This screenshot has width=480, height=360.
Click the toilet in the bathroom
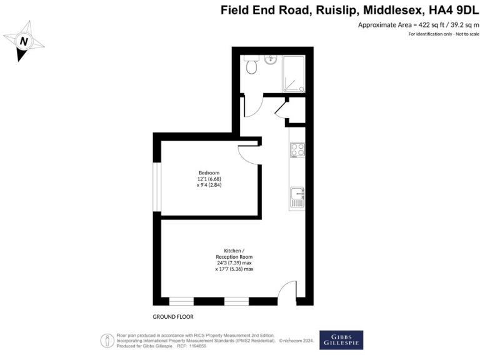[x=252, y=65]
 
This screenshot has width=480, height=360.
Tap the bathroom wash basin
[x=271, y=60]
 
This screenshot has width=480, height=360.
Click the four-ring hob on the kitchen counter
[x=297, y=150]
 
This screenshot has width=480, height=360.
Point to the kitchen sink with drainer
[x=297, y=197]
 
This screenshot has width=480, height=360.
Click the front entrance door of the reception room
[x=286, y=292]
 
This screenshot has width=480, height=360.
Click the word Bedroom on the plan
[x=209, y=172]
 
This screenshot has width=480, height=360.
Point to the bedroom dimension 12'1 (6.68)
[x=209, y=179]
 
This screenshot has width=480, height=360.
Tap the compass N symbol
[x=24, y=42]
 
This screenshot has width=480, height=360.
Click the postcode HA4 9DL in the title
[x=451, y=11]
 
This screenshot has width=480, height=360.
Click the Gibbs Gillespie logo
[x=341, y=339]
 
